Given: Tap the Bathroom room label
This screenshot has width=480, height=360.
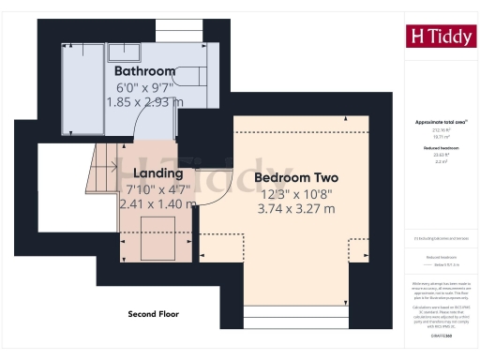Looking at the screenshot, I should (x=145, y=71).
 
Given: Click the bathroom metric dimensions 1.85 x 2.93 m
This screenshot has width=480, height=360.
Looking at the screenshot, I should (x=145, y=102).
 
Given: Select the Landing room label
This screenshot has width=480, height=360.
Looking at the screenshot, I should (x=157, y=173).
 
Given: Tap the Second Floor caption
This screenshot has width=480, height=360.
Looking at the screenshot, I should (x=153, y=314).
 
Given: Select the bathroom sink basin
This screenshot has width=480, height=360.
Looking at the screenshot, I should (x=123, y=51).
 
